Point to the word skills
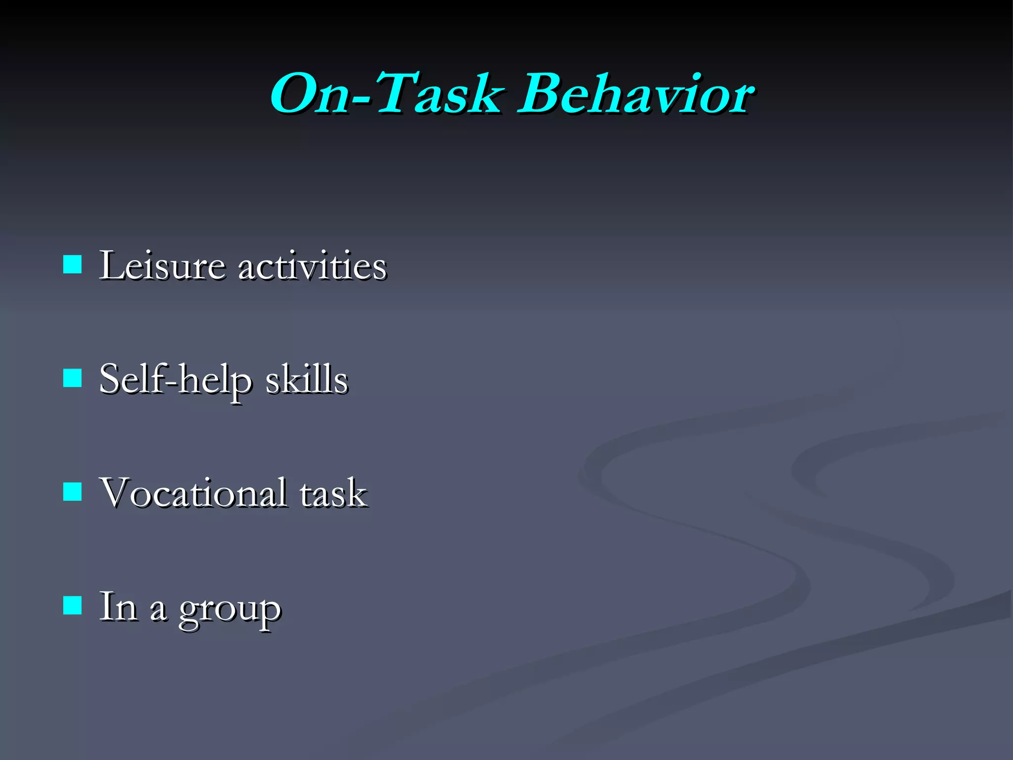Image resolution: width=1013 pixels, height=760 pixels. pyautogui.click(x=307, y=380)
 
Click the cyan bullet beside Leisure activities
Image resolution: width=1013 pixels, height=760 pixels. pyautogui.click(x=73, y=265)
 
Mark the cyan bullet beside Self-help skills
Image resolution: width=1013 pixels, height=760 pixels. pyautogui.click(x=73, y=378)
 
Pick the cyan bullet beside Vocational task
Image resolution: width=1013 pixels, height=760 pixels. pyautogui.click(x=73, y=492)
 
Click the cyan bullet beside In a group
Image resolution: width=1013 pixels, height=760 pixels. pyautogui.click(x=73, y=605)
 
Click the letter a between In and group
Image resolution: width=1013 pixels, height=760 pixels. pyautogui.click(x=158, y=611)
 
